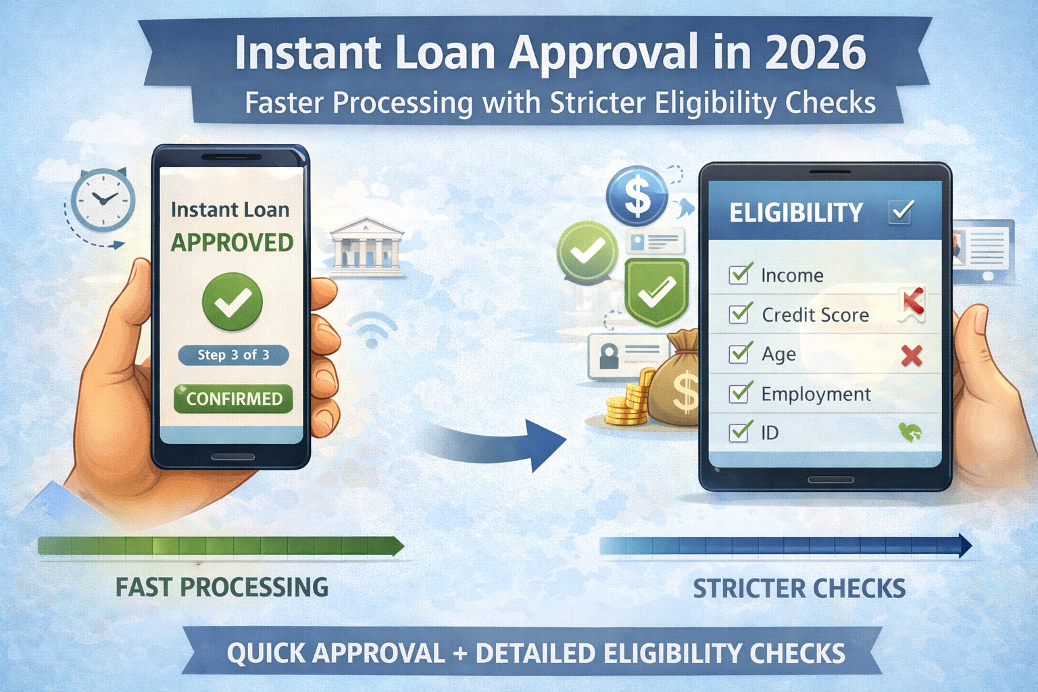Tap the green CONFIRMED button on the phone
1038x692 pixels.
tap(233, 399)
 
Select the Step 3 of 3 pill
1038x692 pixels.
tap(233, 355)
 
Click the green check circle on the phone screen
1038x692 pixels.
tap(232, 302)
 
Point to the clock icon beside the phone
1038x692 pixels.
tap(103, 200)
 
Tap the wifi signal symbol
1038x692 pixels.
tap(371, 330)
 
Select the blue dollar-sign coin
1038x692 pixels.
tap(637, 195)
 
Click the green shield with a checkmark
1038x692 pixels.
tap(656, 291)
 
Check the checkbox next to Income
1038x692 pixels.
tap(740, 274)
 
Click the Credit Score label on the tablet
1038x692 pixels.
tap(815, 315)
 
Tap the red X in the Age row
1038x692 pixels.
tap(912, 355)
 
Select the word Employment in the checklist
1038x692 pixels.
tap(816, 394)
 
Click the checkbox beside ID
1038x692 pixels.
tap(740, 432)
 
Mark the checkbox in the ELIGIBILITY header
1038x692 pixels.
tap(901, 212)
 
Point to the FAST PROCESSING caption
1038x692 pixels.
tap(222, 587)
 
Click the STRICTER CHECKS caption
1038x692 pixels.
tap(799, 589)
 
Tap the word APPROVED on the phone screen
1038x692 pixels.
tap(232, 243)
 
